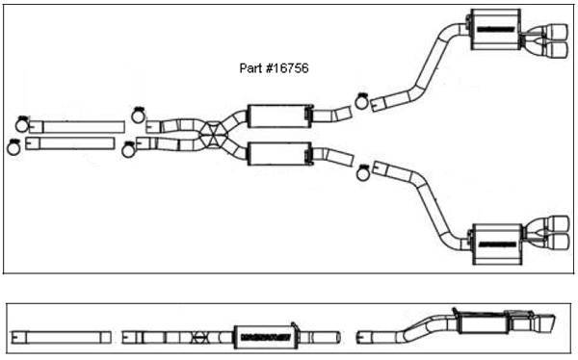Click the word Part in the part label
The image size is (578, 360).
pyautogui.click(x=249, y=69)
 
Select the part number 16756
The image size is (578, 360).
pyautogui.click(x=288, y=69)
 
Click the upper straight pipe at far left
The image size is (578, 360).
pyautogui.click(x=82, y=127)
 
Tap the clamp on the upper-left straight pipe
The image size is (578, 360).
pyautogui.click(x=22, y=123)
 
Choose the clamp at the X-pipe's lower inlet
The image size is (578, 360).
pyautogui.click(x=130, y=148)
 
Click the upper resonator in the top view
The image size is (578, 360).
pyautogui.click(x=278, y=116)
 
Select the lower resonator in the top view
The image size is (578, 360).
pyautogui.click(x=278, y=153)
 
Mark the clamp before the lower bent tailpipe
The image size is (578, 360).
pyautogui.click(x=364, y=172)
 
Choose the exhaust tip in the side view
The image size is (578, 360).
pyautogui.click(x=543, y=322)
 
